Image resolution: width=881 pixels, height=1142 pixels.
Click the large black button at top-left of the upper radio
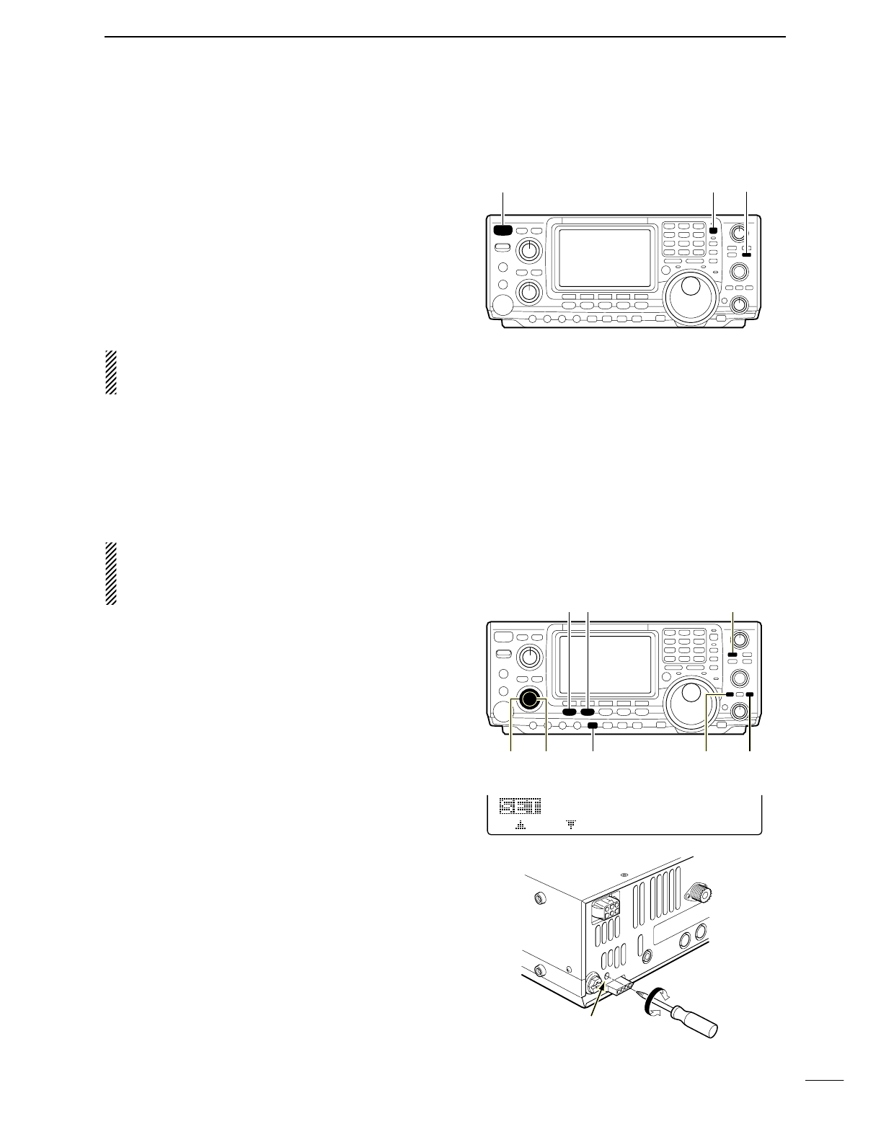pyautogui.click(x=503, y=231)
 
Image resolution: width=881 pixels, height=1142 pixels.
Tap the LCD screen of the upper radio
pyautogui.click(x=605, y=258)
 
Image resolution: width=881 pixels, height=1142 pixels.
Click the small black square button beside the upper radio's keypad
pyautogui.click(x=713, y=231)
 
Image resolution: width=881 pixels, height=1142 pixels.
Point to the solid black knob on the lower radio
pyautogui.click(x=531, y=698)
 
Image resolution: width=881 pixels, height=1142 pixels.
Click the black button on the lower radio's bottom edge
pyautogui.click(x=593, y=725)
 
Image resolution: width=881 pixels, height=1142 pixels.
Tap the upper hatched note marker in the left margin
pyautogui.click(x=110, y=372)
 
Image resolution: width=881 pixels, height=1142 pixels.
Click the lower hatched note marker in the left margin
pyautogui.click(x=110, y=573)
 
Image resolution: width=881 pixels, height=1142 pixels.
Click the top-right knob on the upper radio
pyautogui.click(x=738, y=234)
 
